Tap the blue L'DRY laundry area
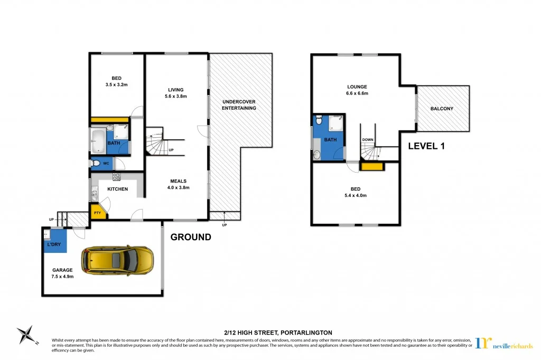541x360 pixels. point(54,242)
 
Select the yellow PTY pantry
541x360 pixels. point(98,212)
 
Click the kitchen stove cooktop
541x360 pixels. point(116,177)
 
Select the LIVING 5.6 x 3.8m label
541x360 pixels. point(176,93)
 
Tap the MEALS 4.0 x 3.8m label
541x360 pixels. point(178,184)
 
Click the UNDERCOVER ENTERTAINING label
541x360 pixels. point(239,105)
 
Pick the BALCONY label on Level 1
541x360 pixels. point(442,109)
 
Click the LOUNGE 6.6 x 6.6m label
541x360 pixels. point(357,90)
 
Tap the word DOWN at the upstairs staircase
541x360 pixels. point(368,140)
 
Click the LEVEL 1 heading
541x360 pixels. point(426,146)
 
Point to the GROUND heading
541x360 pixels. point(191,238)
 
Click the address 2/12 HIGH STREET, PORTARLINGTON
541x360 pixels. point(270,333)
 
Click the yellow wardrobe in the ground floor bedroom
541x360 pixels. point(110,120)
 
